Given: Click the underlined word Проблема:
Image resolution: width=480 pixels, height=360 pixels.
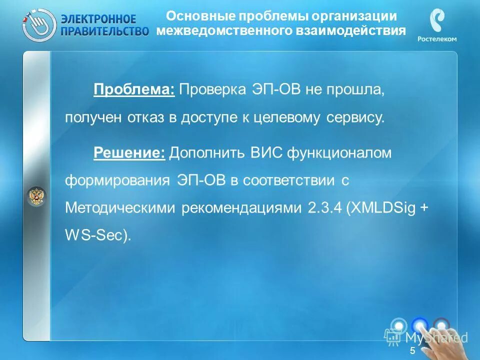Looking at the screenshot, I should (133, 90).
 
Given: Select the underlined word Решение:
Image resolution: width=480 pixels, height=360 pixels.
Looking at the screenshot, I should (129, 153).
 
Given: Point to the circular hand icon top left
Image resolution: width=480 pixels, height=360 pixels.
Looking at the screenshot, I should (38, 24).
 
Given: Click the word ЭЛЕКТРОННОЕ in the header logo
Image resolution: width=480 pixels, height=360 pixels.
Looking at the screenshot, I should (98, 19).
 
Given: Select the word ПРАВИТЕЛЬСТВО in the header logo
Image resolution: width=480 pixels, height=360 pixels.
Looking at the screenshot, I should (104, 31).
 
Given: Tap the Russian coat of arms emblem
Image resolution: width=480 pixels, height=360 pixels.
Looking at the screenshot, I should (36, 196).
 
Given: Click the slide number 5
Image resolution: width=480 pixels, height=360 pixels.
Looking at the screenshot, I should (412, 351).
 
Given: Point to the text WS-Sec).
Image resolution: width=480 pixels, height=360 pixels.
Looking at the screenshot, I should (97, 235).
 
